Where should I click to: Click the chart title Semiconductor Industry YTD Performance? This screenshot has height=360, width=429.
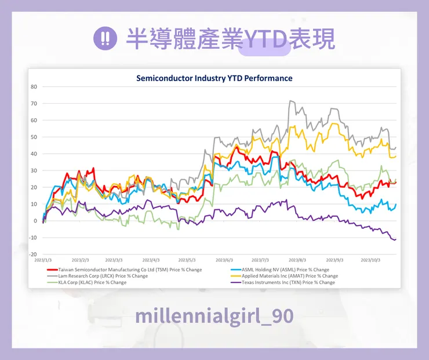[x=214, y=78]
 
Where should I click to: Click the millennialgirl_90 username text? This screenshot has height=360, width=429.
[x=214, y=316]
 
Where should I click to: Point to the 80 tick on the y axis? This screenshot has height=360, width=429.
[x=34, y=87]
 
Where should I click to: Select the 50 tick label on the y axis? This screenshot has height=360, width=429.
[x=34, y=137]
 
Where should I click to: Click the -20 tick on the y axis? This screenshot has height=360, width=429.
[x=33, y=254]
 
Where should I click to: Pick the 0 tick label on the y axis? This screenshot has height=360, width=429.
[x=35, y=221]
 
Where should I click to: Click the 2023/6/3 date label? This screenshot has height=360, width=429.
[x=223, y=261]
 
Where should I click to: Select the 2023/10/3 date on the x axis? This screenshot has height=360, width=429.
[x=370, y=261]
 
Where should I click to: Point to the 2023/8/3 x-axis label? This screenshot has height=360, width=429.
[x=297, y=261]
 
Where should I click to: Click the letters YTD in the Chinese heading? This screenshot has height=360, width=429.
[x=265, y=39]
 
